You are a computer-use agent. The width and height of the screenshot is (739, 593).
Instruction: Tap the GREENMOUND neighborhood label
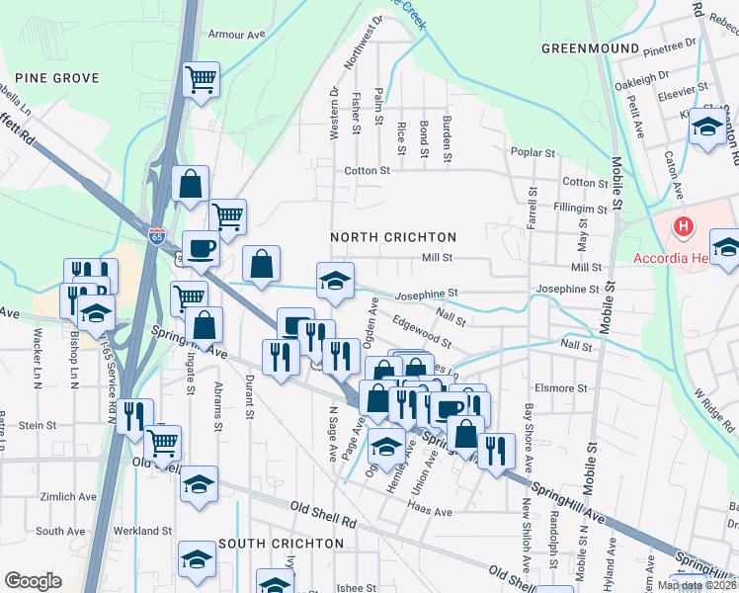[590, 47]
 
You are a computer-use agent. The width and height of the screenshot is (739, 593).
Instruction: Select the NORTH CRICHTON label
[393, 237]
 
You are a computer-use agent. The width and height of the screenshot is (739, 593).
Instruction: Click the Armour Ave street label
[237, 34]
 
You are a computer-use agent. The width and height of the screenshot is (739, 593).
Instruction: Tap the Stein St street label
[38, 425]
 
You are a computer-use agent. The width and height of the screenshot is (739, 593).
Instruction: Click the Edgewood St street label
[421, 331]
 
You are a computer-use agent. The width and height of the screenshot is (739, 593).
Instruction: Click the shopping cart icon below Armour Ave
[202, 78]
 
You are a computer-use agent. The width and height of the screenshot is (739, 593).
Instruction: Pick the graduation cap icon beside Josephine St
[335, 280]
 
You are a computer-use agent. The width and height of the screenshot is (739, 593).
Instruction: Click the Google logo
[33, 581]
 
